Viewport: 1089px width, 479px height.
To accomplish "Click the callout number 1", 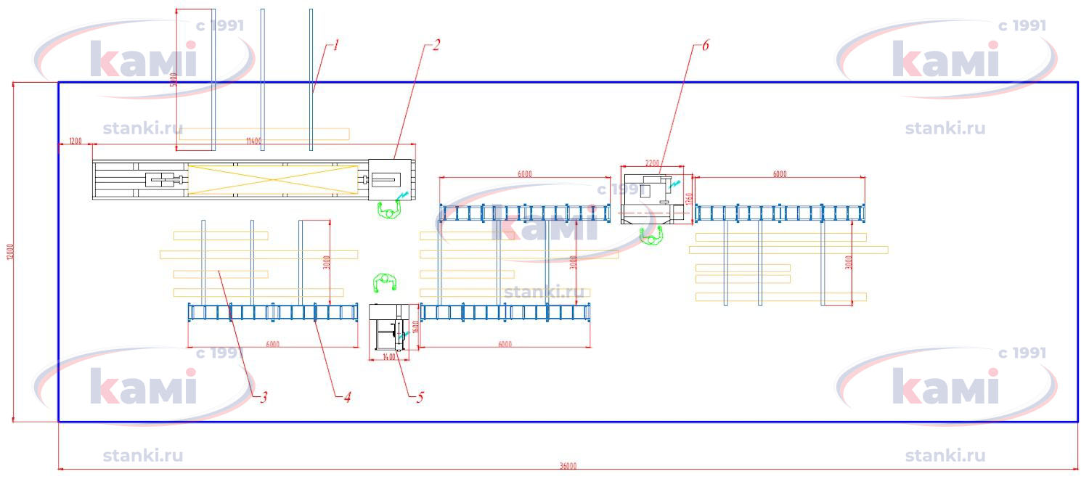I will point(336,45).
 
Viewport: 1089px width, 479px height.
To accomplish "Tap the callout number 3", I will point(264,397).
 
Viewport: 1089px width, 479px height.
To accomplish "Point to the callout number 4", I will point(347,397).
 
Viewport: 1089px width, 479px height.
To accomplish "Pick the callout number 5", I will point(420,397).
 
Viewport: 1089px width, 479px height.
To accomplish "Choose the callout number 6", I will point(705,45).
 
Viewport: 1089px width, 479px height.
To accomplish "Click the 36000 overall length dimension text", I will point(568,466).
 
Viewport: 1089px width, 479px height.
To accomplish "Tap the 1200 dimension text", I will point(75,140).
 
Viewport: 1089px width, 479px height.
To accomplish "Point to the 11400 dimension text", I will point(253,140).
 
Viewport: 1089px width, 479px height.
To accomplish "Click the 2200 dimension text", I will point(653,163).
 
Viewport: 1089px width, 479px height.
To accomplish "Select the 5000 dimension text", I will point(173,80).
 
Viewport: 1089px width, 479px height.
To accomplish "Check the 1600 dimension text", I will point(415,327).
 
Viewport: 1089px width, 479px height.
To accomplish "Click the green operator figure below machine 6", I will point(652,236).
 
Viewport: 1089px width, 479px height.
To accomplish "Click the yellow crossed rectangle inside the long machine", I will point(273,180).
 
